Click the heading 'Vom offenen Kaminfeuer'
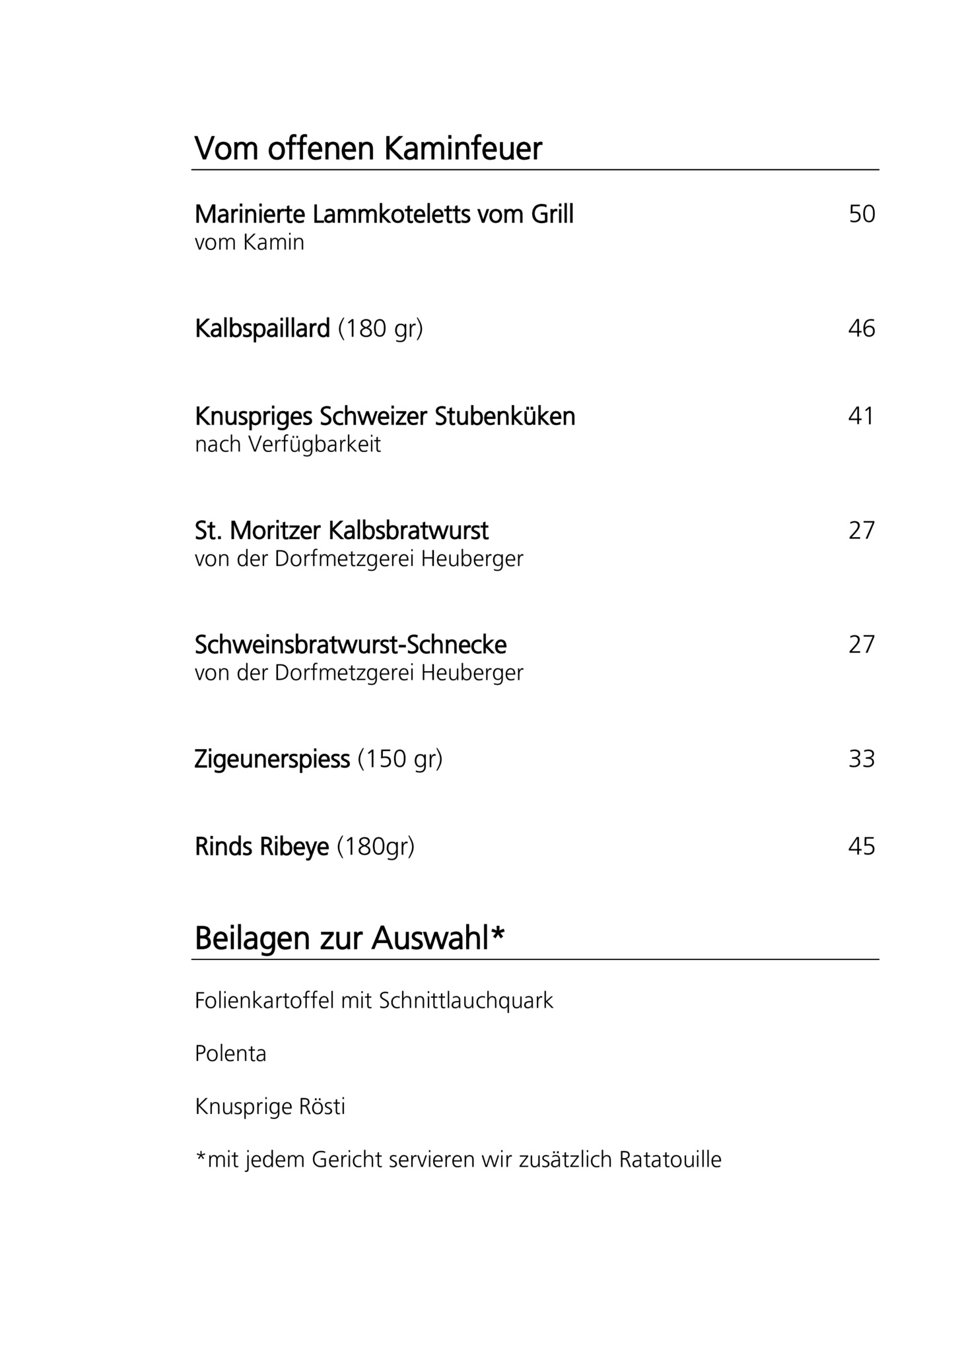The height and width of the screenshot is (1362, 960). point(368,148)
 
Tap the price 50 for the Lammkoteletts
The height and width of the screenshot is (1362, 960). point(862,214)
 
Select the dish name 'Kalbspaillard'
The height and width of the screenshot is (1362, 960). point(262,328)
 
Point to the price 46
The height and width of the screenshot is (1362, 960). point(862,328)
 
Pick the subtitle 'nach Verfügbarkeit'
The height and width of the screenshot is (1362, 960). point(288,445)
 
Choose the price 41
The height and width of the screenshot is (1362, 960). point(861,416)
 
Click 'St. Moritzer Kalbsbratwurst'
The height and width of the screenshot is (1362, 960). point(341,530)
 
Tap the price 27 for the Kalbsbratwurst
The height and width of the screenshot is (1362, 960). point(862,530)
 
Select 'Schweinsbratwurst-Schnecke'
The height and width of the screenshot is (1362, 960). point(351,645)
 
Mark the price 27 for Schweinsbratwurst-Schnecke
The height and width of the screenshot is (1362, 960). point(862,644)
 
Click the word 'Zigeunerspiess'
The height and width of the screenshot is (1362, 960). point(272,759)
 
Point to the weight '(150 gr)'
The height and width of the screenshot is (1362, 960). point(400,759)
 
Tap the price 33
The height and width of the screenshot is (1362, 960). point(862,759)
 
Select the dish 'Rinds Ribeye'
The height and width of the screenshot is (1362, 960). point(261,847)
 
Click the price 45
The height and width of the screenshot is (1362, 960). point(862,846)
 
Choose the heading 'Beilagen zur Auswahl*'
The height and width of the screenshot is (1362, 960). point(349,938)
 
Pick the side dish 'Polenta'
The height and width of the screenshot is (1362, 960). point(230,1054)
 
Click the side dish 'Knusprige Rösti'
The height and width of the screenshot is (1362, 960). point(270,1107)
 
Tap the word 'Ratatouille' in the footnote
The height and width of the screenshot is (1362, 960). point(670,1159)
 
